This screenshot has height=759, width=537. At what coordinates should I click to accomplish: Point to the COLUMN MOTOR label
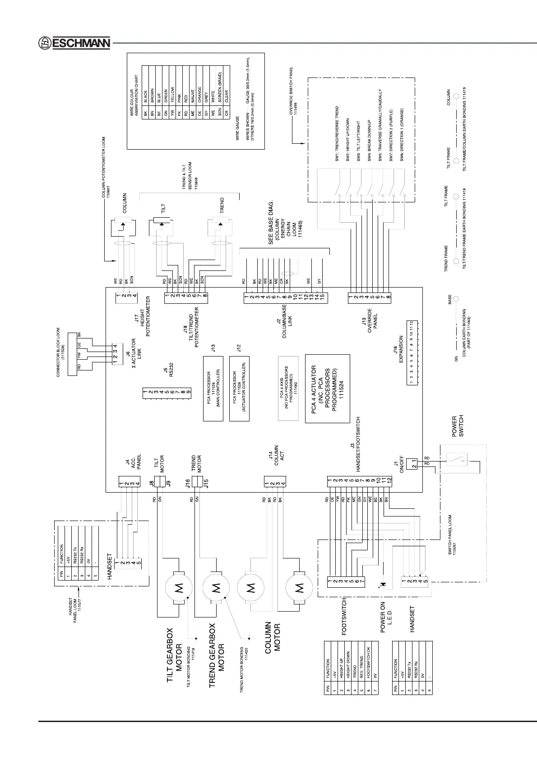[273, 637]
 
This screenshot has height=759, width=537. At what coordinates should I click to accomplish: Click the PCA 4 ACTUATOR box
[327, 388]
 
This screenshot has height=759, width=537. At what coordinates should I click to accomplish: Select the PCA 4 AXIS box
[288, 388]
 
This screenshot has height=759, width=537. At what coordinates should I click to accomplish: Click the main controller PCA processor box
[213, 388]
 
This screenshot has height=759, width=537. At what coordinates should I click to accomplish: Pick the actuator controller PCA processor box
[239, 388]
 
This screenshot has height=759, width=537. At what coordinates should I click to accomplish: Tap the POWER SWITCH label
[458, 426]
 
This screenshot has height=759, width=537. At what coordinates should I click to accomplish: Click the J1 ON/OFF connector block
[412, 463]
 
